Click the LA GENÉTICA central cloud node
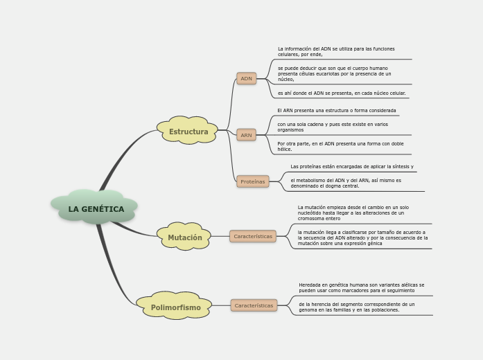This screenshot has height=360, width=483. pyautogui.click(x=96, y=208)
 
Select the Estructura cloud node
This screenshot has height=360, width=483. pyautogui.click(x=188, y=132)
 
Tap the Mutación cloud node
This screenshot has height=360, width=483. pyautogui.click(x=184, y=237)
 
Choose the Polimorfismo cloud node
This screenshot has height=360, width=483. pyautogui.click(x=175, y=307)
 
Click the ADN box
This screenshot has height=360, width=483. pyautogui.click(x=246, y=79)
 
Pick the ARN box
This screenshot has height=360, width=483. pyautogui.click(x=246, y=135)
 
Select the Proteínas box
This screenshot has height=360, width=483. pyautogui.click(x=252, y=181)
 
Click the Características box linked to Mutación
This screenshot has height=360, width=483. pyautogui.click(x=252, y=236)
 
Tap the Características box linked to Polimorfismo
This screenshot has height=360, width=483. pyautogui.click(x=254, y=305)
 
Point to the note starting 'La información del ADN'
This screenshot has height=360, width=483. pyautogui.click(x=336, y=52)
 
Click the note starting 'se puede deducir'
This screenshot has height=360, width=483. pyautogui.click(x=335, y=74)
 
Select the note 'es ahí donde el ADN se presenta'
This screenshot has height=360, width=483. pyautogui.click(x=342, y=93)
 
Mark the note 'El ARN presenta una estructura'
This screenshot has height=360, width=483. pyautogui.click(x=337, y=111)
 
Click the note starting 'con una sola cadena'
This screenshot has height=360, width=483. pyautogui.click(x=333, y=127)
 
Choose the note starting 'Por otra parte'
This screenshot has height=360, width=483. pyautogui.click(x=340, y=147)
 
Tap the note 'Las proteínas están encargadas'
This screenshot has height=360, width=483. pyautogui.click(x=352, y=167)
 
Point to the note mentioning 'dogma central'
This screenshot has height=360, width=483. pyautogui.click(x=346, y=183)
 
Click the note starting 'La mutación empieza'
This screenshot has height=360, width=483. pyautogui.click(x=353, y=213)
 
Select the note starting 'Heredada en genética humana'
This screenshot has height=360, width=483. pyautogui.click(x=361, y=288)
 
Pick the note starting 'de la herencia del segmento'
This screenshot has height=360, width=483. pyautogui.click(x=357, y=307)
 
